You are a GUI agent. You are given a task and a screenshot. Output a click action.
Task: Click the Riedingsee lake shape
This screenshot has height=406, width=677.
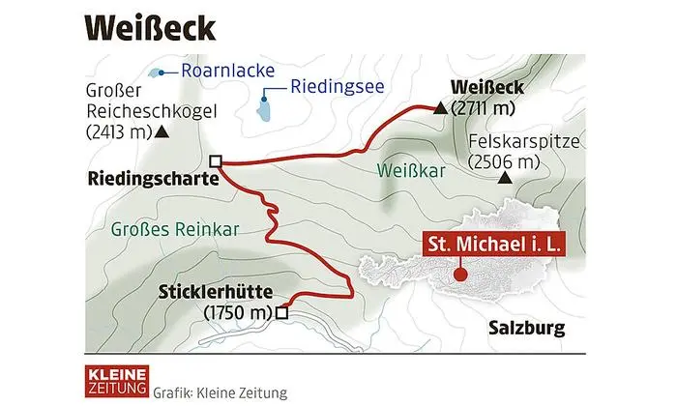(x=262, y=105)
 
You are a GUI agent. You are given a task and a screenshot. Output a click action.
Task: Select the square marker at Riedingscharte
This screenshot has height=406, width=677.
(x=216, y=161)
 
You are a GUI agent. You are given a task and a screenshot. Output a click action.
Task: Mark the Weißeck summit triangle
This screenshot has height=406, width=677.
(x=441, y=109)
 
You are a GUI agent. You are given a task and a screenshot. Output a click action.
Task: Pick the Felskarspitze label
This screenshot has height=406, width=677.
(x=523, y=143)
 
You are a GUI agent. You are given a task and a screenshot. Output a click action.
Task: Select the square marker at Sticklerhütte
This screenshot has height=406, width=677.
(x=281, y=312)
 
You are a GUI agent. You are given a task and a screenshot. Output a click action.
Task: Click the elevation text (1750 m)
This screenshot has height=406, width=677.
(x=239, y=312)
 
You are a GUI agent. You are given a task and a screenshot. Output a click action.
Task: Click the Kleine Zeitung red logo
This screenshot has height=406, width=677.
(x=109, y=380)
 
